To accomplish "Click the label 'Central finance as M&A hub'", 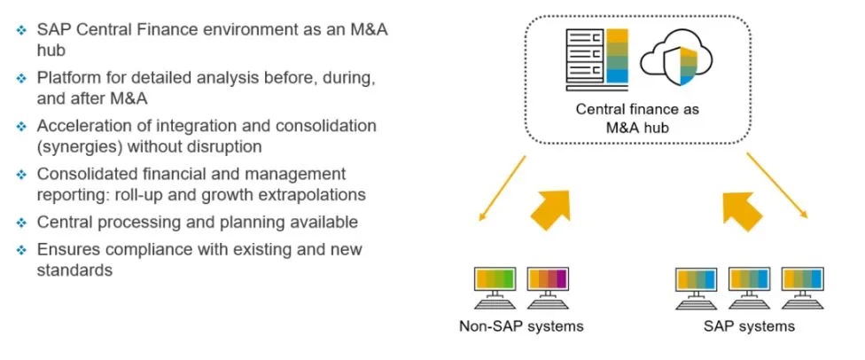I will coord(637,119).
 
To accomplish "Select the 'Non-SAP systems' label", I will coord(521,326).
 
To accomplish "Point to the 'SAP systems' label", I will coord(749,326).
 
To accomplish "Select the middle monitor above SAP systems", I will coord(749,285).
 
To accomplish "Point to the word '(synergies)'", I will coord(77,145).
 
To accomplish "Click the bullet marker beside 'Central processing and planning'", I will coord(20,223).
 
